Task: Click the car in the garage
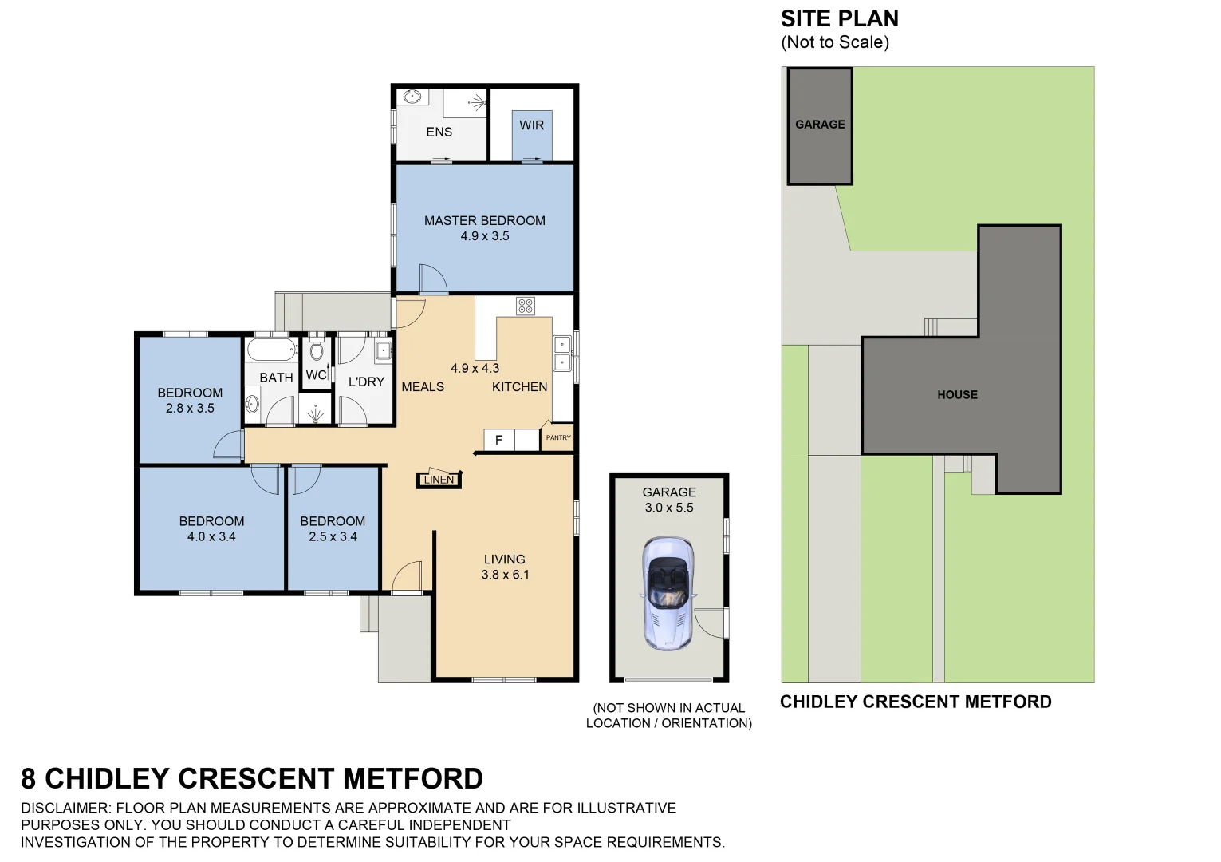(x=668, y=592)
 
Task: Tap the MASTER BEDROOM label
(x=484, y=220)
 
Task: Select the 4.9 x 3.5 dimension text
(x=484, y=236)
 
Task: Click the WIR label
(x=531, y=125)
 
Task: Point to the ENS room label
(x=439, y=132)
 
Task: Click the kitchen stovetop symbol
(x=525, y=306)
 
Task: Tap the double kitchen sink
(x=562, y=353)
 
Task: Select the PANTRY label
(x=558, y=437)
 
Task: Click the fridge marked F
(x=499, y=440)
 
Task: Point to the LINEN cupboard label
(x=439, y=480)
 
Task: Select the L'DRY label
(x=366, y=382)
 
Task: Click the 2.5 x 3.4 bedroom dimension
(x=333, y=537)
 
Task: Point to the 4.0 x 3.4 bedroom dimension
(x=211, y=537)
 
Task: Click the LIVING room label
(x=504, y=560)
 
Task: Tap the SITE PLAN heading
(x=839, y=18)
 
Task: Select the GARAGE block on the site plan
(x=820, y=125)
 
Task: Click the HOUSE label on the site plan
(x=957, y=395)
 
